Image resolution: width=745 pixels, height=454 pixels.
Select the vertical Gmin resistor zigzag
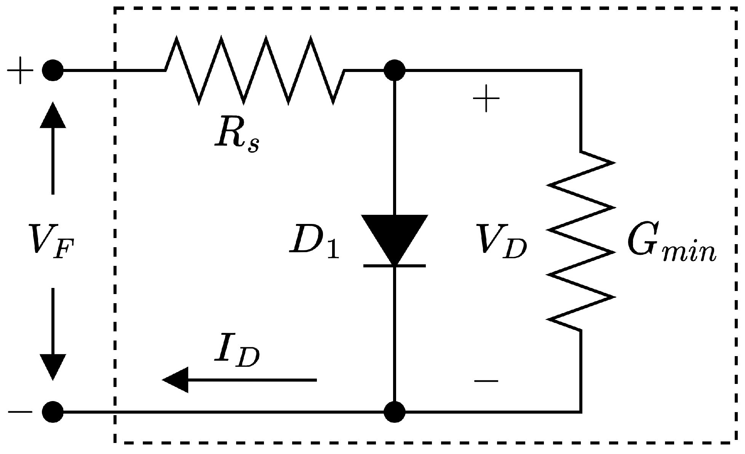580,241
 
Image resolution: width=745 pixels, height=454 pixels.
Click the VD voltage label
501,241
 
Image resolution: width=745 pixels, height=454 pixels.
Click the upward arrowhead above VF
53,115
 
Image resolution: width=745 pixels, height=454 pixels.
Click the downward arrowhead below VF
53,366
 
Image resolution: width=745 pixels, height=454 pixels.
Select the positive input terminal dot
53,70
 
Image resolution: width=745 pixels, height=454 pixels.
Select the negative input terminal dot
53,412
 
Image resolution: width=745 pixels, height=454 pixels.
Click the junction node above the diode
395,70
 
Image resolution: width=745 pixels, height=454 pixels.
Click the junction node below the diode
395,412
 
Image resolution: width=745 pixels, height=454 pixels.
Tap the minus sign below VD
486,380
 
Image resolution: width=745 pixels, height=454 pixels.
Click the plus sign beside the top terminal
20,70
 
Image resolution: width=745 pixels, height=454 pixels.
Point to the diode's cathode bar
395,265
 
